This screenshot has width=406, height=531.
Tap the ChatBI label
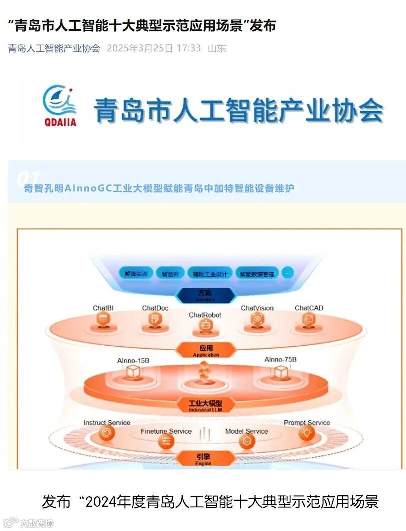(103, 308)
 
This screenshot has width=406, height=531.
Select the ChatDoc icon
(155, 322)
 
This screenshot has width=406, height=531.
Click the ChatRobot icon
(205, 327)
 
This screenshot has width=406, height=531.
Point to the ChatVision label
(257, 308)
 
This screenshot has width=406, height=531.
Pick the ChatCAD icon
(309, 322)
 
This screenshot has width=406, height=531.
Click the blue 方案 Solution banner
(206, 295)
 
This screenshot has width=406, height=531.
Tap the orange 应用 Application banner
(206, 350)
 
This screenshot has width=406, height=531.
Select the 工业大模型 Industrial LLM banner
(205, 405)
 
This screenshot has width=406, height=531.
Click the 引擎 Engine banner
(205, 458)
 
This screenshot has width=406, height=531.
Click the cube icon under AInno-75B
(281, 372)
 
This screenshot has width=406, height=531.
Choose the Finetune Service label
(166, 431)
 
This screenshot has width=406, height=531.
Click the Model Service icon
(247, 441)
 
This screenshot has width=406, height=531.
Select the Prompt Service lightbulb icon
(306, 433)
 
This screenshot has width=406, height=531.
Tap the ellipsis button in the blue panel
(288, 273)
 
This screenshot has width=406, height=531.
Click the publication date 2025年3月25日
(140, 48)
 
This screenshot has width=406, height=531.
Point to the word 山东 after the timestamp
(217, 48)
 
